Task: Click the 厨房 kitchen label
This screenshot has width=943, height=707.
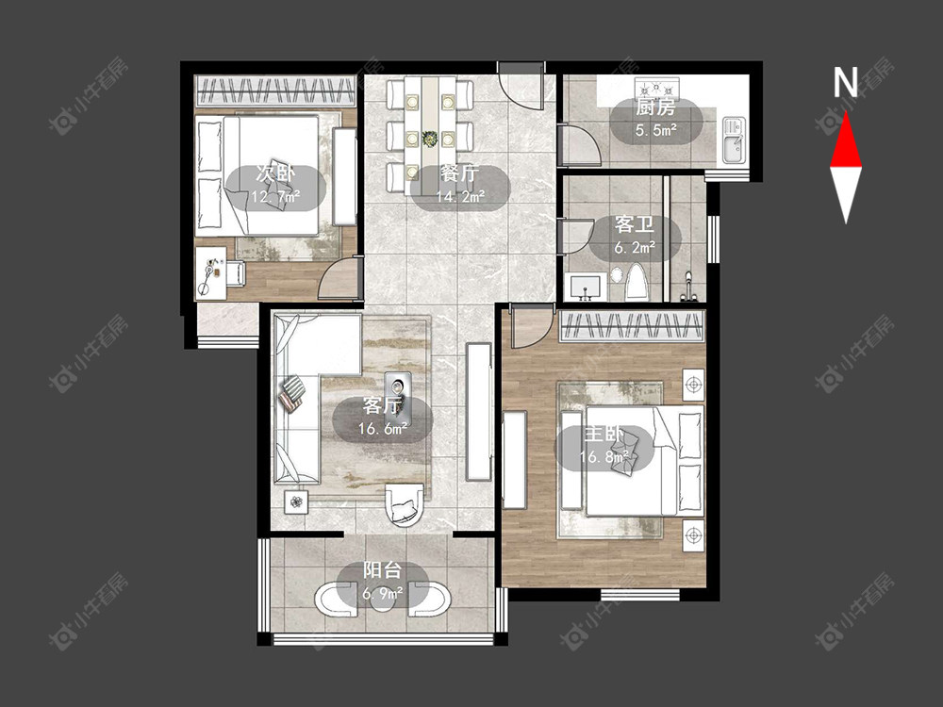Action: tap(655, 107)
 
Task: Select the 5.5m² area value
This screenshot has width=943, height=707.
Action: tap(656, 130)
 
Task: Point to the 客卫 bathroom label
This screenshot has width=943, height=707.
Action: tap(634, 225)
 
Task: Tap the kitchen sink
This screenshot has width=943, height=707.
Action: tap(733, 140)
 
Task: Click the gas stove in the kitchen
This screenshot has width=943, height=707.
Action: tap(656, 88)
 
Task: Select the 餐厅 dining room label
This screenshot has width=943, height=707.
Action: tap(460, 173)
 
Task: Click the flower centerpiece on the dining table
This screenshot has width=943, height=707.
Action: tap(429, 139)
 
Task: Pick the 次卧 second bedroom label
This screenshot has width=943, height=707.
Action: tap(276, 173)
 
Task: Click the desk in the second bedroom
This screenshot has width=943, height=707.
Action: tap(210, 273)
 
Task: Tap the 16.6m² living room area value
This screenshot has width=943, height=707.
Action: tap(383, 429)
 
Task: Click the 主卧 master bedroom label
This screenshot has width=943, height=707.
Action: tap(604, 434)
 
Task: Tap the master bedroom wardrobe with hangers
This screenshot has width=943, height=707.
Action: tap(632, 326)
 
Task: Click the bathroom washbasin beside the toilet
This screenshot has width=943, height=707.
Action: tap(587, 288)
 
